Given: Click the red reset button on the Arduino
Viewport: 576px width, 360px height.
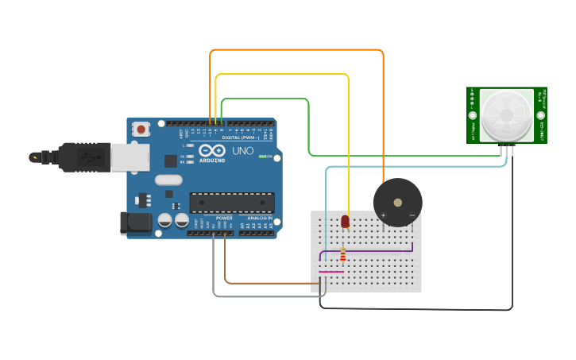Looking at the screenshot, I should point(141,129).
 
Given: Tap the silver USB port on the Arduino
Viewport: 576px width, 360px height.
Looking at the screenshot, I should point(130,157).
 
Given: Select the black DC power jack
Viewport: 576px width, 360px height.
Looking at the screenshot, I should point(134,223).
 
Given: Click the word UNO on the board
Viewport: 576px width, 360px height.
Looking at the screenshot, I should point(242,150).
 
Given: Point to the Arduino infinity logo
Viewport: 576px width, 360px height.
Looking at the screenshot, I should point(212,150).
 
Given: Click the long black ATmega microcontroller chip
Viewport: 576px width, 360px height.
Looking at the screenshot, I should point(231,203).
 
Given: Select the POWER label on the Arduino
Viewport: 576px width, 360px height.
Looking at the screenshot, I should point(225,218).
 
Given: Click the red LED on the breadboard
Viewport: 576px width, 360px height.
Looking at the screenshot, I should point(345,222).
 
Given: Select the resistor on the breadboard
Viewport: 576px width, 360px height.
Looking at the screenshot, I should point(343,254).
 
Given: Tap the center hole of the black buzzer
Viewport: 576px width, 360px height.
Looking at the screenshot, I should point(397,202).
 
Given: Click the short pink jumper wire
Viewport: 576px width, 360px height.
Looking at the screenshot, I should point(331,272).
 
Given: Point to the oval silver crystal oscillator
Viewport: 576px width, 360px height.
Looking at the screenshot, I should point(168,180).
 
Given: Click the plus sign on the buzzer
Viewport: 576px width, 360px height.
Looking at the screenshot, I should point(383,215).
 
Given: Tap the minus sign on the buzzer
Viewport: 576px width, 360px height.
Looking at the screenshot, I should point(412,215).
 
